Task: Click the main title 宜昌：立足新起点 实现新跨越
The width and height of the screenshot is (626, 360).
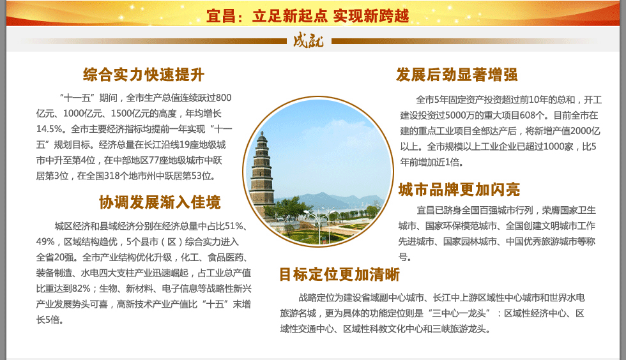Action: (x=308, y=16)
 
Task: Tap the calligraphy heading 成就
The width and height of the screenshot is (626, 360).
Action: (x=308, y=41)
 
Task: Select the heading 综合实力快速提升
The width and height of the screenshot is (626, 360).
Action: (x=144, y=75)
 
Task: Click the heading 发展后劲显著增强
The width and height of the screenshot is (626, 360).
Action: (x=457, y=75)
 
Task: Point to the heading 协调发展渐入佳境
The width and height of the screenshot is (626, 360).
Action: (x=160, y=202)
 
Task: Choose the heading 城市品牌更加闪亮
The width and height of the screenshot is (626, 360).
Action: (x=459, y=190)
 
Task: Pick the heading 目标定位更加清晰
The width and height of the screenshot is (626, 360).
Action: (x=339, y=274)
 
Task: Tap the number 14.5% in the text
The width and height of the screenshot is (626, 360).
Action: (x=49, y=129)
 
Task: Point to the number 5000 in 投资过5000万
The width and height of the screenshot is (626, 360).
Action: (x=455, y=116)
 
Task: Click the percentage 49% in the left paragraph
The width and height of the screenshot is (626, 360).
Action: (x=45, y=242)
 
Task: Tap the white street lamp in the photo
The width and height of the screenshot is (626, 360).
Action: (x=318, y=224)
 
